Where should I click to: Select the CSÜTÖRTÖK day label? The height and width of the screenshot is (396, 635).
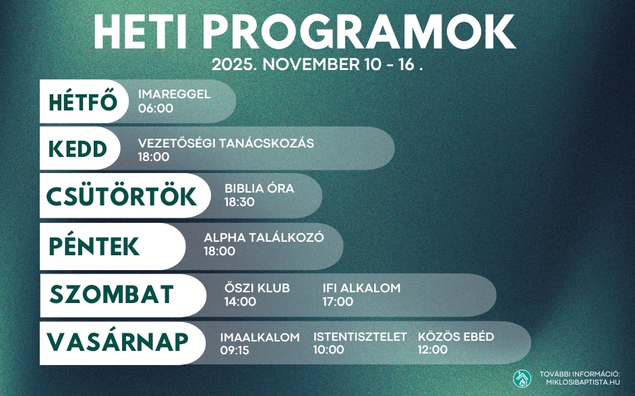[x=121, y=196]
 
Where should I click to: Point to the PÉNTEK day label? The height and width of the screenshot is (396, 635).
[x=94, y=246]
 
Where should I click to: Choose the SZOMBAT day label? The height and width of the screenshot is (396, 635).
[x=112, y=295]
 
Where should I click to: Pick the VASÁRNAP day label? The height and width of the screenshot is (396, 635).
[x=117, y=342]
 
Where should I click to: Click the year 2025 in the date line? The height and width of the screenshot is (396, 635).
[x=231, y=65]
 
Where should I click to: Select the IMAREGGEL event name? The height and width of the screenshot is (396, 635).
[x=174, y=94]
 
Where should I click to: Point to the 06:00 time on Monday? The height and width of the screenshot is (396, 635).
[x=156, y=108]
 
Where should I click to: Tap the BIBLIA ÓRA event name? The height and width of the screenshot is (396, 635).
[x=260, y=189]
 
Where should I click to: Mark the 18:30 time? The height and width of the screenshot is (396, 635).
[x=240, y=202]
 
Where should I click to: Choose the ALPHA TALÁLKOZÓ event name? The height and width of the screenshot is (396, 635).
[x=264, y=238]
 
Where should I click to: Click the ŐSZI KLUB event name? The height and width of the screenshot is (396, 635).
[x=257, y=288]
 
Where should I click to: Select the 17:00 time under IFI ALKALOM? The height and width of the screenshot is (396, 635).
[x=338, y=302]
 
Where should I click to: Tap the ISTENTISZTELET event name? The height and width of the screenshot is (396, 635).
[x=360, y=337]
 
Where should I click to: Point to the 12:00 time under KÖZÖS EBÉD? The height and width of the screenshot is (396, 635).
[x=433, y=350]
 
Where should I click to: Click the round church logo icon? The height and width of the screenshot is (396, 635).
[x=522, y=378]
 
